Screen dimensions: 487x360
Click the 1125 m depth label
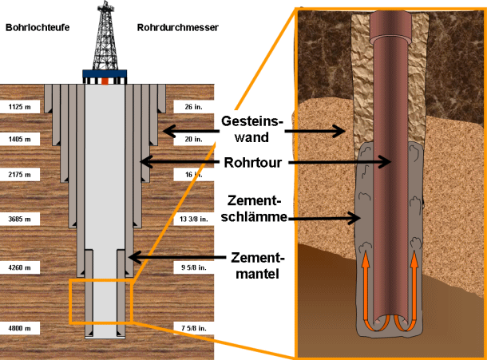click(x=20, y=107)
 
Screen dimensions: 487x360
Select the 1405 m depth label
click(x=20, y=139)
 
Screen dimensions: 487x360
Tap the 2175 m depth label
click(x=20, y=175)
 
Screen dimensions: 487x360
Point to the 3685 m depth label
click(x=20, y=219)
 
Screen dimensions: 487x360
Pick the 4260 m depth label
click(x=20, y=267)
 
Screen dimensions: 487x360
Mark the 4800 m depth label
click(x=20, y=328)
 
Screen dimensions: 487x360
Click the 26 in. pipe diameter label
click(x=193, y=107)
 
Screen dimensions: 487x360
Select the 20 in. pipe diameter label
click(x=193, y=139)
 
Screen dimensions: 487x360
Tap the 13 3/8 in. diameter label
click(x=193, y=219)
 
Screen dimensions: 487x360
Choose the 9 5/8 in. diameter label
click(x=194, y=267)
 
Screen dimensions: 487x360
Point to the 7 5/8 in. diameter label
click(x=194, y=328)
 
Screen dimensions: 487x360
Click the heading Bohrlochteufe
click(x=38, y=28)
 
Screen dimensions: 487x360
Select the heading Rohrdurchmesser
click(x=178, y=28)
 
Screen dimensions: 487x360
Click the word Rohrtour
click(x=253, y=163)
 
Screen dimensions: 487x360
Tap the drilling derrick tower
click(x=105, y=35)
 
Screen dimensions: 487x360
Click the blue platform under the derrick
click(x=105, y=73)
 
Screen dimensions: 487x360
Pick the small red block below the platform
click(x=105, y=81)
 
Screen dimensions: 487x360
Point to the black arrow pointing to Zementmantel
click(x=177, y=257)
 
